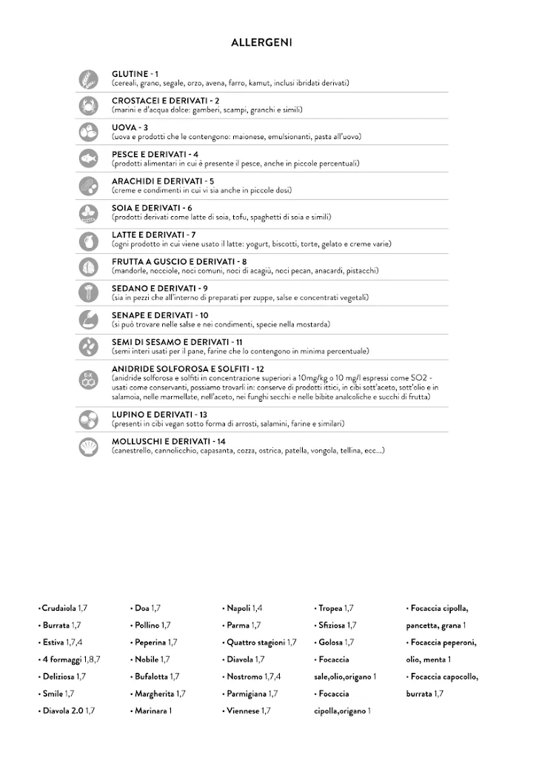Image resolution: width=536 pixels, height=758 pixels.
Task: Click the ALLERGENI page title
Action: pyautogui.click(x=261, y=43)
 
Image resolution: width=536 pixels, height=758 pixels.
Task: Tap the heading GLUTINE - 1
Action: pyautogui.click(x=135, y=74)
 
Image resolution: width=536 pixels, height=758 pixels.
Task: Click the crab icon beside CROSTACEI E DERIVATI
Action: pyautogui.click(x=89, y=105)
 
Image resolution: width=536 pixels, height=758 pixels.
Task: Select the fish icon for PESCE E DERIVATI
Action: pyautogui.click(x=89, y=158)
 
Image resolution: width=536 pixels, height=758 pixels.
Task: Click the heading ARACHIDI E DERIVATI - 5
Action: pyautogui.click(x=163, y=181)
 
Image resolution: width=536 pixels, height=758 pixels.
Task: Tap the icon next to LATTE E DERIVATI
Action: pyautogui.click(x=89, y=239)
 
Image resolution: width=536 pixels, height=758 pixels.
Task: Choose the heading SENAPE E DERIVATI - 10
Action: pyautogui.click(x=160, y=315)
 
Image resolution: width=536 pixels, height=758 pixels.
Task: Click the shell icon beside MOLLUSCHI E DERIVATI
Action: pyautogui.click(x=89, y=446)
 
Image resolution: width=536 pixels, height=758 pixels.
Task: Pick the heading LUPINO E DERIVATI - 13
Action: pyautogui.click(x=159, y=415)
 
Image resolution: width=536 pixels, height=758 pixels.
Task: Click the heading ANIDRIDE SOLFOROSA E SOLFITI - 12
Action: pyautogui.click(x=188, y=368)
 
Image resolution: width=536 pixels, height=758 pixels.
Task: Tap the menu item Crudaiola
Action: pyautogui.click(x=60, y=608)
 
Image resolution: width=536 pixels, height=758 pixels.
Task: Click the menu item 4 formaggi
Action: pyautogui.click(x=59, y=659)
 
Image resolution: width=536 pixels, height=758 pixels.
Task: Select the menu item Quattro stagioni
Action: pyautogui.click(x=256, y=642)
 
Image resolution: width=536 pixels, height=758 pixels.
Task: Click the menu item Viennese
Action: pyautogui.click(x=244, y=711)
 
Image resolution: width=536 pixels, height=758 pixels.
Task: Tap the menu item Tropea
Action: pyautogui.click(x=330, y=608)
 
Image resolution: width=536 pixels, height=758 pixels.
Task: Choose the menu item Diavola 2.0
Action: pyautogui.click(x=63, y=711)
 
